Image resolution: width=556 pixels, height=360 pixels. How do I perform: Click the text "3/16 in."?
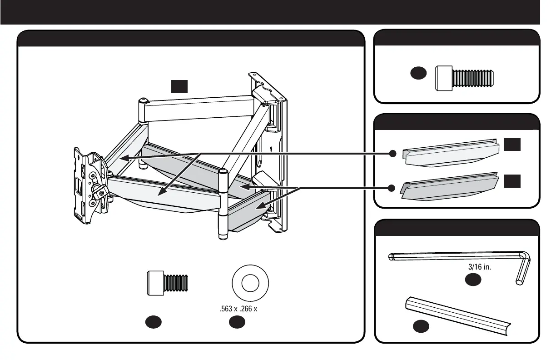(x=480, y=267)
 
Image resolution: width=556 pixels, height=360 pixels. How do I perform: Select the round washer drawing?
(x=250, y=284)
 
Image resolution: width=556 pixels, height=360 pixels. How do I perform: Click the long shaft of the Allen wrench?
(x=454, y=256)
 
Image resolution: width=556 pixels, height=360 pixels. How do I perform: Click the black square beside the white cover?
(x=511, y=145)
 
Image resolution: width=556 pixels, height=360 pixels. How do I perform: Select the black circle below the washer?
(x=237, y=322)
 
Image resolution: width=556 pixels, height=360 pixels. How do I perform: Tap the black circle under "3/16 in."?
(x=473, y=280)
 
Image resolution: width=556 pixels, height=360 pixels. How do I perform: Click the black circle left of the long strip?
(x=421, y=326)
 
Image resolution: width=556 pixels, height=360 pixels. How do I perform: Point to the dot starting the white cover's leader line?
(x=392, y=154)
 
